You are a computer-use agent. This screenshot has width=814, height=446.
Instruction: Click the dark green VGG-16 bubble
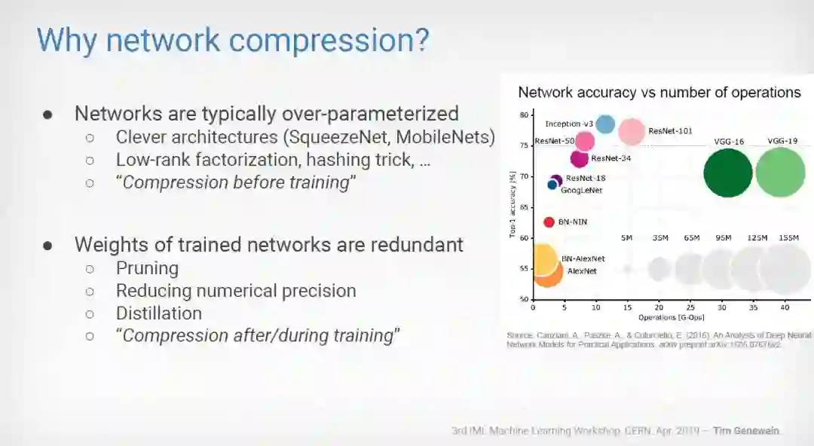pyautogui.click(x=727, y=173)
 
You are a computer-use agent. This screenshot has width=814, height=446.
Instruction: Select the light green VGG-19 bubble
pyautogui.click(x=780, y=172)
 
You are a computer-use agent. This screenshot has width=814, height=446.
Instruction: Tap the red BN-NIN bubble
pyautogui.click(x=549, y=222)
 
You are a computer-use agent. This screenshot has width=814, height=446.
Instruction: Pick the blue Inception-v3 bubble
pyautogui.click(x=604, y=124)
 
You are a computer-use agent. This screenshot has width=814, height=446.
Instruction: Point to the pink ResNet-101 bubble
pyautogui.click(x=632, y=132)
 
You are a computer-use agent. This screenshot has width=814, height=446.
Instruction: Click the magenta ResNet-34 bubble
pyautogui.click(x=579, y=158)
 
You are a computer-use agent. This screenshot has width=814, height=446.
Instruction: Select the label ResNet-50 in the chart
pyautogui.click(x=554, y=141)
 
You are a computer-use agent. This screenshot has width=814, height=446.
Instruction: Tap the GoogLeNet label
pyautogui.click(x=581, y=191)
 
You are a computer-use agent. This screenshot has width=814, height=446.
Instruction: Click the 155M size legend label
pyautogui.click(x=789, y=238)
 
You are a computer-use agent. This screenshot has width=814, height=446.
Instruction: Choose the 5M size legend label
pyautogui.click(x=626, y=238)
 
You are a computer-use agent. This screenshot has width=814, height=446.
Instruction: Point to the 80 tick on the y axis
pyautogui.click(x=524, y=115)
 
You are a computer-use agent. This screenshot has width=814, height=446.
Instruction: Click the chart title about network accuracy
pyautogui.click(x=659, y=93)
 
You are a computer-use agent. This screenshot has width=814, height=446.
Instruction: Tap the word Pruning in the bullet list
pyautogui.click(x=147, y=268)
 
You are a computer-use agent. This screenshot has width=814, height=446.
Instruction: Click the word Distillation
pyautogui.click(x=158, y=313)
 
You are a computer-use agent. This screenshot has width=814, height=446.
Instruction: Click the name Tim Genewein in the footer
pyautogui.click(x=747, y=431)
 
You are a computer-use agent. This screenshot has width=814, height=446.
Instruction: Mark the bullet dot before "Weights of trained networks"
pyautogui.click(x=47, y=245)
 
